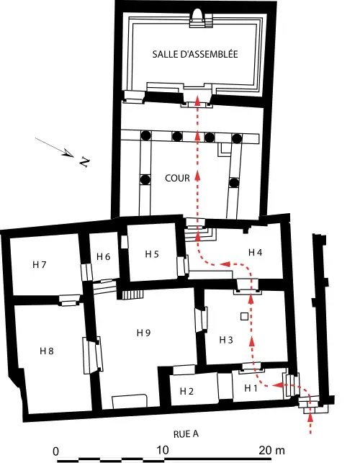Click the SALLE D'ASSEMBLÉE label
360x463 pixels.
pyautogui.click(x=194, y=54)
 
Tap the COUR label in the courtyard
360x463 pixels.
pyautogui.click(x=177, y=179)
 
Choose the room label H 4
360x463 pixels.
pyautogui.click(x=256, y=252)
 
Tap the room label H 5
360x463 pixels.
pyautogui.click(x=152, y=253)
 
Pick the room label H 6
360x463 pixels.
pyautogui.click(x=103, y=257)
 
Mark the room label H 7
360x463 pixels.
pyautogui.click(x=40, y=265)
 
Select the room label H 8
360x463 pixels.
pyautogui.click(x=47, y=351)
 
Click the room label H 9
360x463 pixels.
pyautogui.click(x=144, y=333)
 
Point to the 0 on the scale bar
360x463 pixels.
pyautogui.click(x=57, y=451)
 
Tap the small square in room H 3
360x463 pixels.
pyautogui.click(x=244, y=317)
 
